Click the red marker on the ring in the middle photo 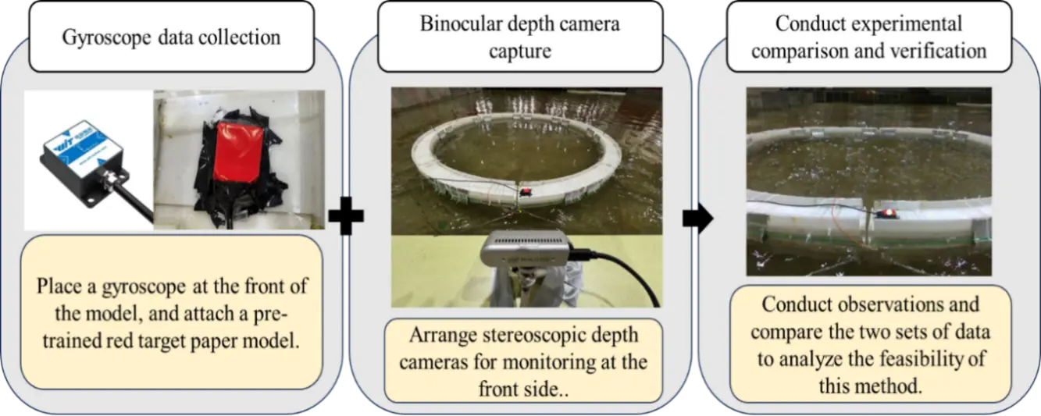click(527, 190)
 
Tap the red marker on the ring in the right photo click(889, 213)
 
